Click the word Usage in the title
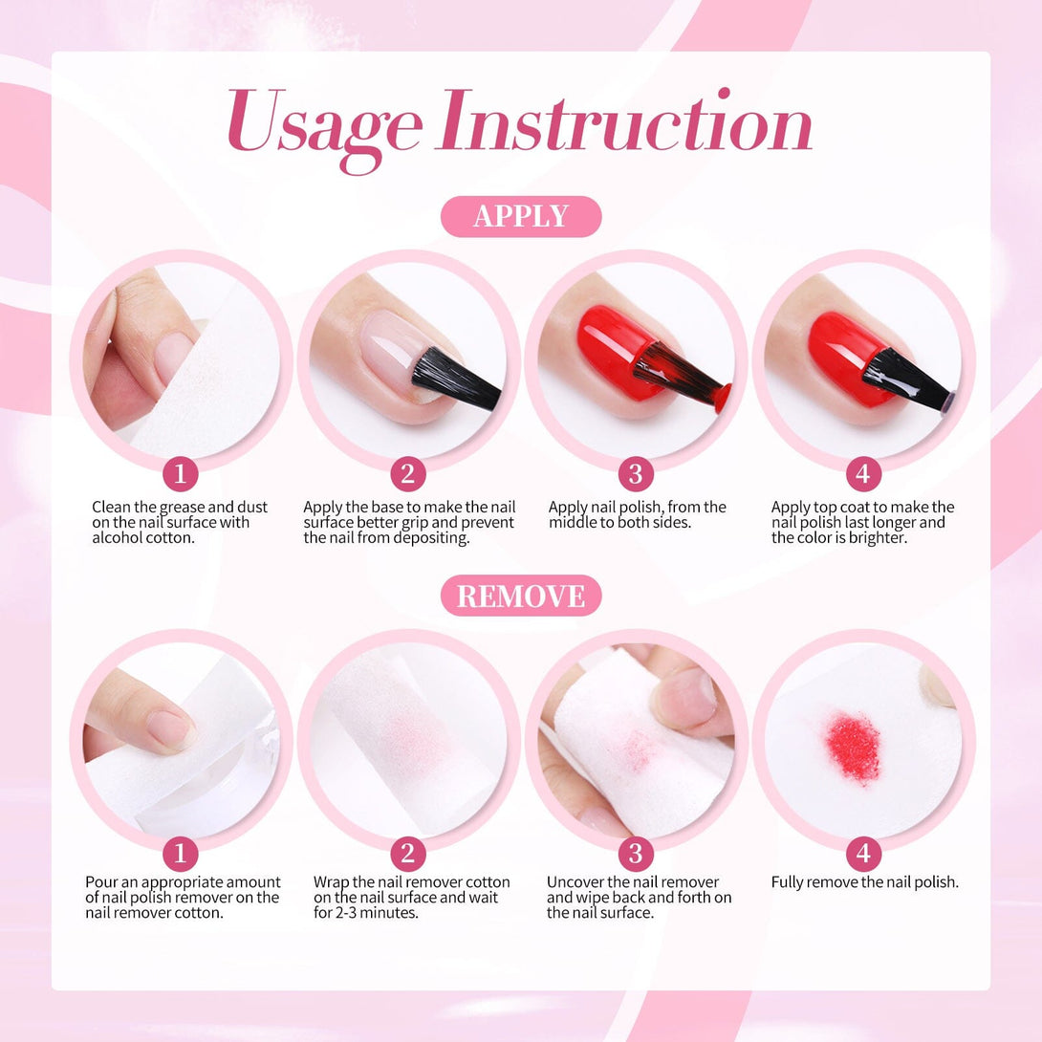tap(324, 127)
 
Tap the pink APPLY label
tap(521, 217)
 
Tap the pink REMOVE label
tap(521, 596)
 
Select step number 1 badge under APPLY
tap(180, 474)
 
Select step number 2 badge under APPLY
tap(408, 474)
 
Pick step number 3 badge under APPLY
tap(636, 474)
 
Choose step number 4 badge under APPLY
tap(863, 474)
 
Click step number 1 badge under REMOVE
tap(180, 854)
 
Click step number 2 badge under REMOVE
tap(408, 854)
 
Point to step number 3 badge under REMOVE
tap(636, 854)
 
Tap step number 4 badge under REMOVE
tap(863, 854)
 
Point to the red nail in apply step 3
tap(615, 352)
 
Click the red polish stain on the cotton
tap(854, 747)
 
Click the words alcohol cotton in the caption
tap(143, 538)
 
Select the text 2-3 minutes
tap(376, 913)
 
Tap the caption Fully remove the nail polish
tap(864, 882)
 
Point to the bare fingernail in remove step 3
tap(685, 698)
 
